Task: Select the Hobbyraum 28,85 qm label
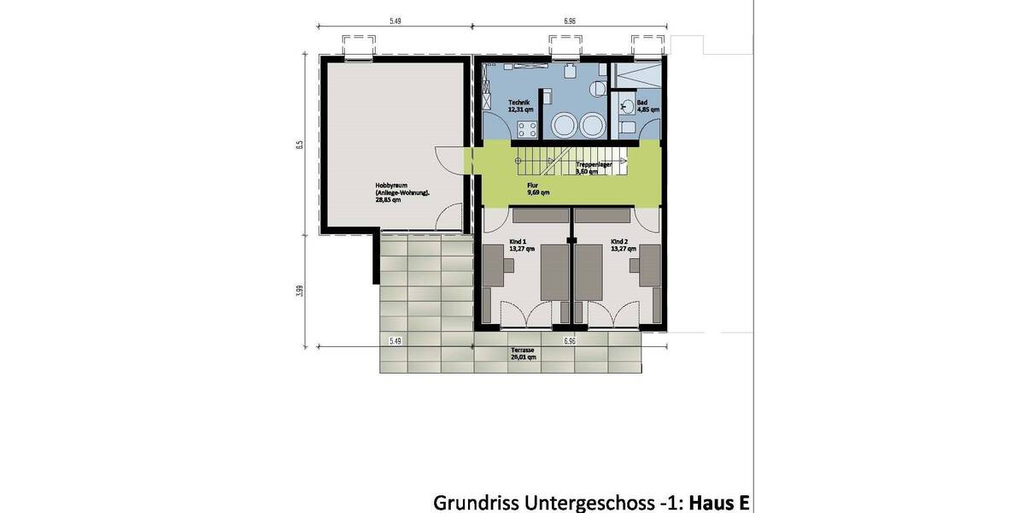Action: point(402,192)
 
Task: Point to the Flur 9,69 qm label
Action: point(538,189)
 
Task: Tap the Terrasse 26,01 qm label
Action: point(523,354)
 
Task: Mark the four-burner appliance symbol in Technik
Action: point(527,129)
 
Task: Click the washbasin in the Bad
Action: point(628,107)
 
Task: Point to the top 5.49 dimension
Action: point(395,20)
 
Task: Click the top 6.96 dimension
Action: point(569,20)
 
